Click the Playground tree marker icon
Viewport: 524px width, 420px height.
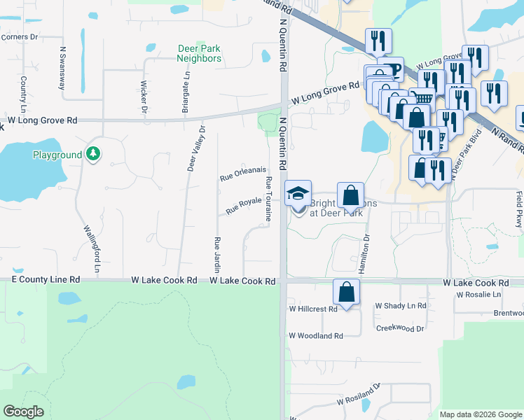[92, 153]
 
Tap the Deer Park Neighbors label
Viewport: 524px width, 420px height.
[199, 54]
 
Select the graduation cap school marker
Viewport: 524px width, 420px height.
[298, 193]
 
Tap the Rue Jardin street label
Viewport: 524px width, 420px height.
[217, 253]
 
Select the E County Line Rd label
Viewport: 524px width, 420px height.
[46, 279]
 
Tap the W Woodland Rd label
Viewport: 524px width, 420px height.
[316, 336]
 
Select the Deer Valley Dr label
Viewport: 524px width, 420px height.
[196, 149]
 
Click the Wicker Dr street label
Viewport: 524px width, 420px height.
[144, 97]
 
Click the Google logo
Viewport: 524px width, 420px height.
[24, 412]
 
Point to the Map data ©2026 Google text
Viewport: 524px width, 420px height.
[481, 414]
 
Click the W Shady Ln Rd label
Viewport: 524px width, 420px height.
[401, 306]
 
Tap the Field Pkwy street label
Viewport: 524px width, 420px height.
[519, 209]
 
